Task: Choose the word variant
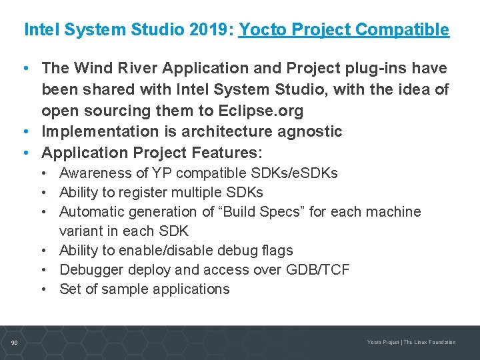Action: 81,231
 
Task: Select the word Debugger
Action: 89,270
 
